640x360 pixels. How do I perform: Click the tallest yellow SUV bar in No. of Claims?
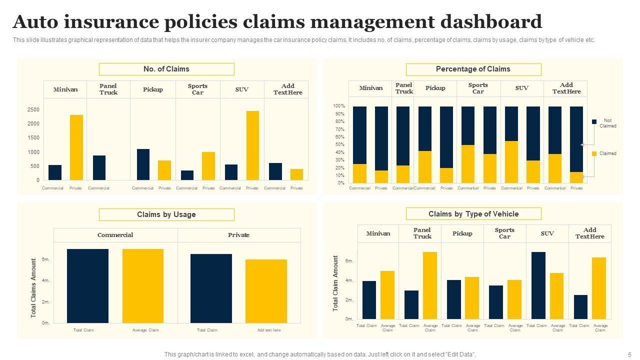point(252,145)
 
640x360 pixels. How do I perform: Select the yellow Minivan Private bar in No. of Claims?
point(76,147)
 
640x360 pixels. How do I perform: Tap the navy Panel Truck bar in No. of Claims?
point(99,167)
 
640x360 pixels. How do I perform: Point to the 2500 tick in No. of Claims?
point(33,109)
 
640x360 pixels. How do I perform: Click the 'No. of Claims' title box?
point(166,69)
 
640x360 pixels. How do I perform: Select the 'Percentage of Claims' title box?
point(473,69)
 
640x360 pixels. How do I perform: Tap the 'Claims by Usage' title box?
point(166,214)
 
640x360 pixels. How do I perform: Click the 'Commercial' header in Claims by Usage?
point(115,235)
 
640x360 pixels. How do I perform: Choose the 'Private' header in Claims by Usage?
point(238,235)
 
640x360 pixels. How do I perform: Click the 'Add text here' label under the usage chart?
point(269,330)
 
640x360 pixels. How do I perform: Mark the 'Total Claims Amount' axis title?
point(33,287)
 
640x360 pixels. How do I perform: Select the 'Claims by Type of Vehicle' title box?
point(473,214)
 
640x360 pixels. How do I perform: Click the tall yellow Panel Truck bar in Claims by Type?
point(430,285)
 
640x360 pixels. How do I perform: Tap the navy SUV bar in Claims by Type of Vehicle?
point(538,285)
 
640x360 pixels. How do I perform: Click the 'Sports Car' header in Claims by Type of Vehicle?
point(504,233)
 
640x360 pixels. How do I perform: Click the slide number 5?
point(629,354)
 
